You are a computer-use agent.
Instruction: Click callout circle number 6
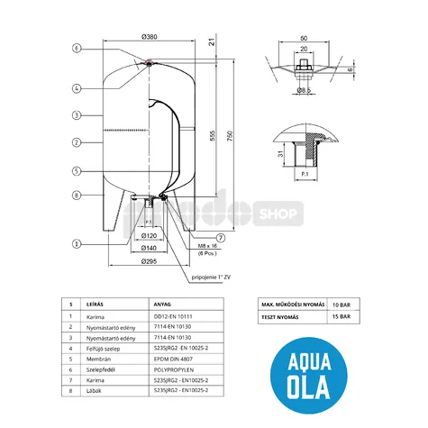tap(77, 48)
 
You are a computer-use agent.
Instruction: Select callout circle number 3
tap(77, 115)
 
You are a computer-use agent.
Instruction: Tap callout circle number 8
tap(77, 195)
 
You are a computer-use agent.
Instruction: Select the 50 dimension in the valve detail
tap(306, 38)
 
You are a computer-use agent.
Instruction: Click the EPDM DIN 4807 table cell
tap(174, 356)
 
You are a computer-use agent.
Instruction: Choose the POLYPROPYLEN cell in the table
tap(174, 368)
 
